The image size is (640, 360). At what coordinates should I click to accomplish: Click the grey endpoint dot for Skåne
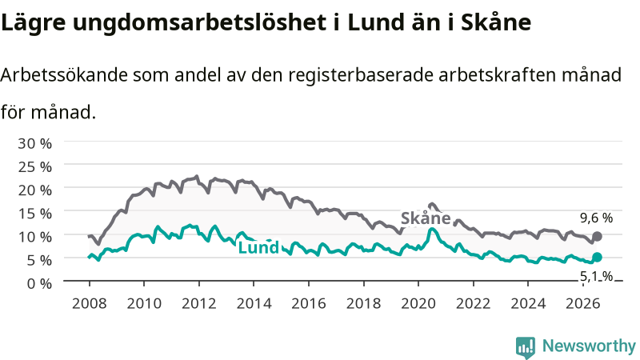coord(597,236)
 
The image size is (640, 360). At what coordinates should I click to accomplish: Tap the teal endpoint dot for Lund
coord(597,257)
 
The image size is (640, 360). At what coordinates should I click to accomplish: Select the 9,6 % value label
coord(596,218)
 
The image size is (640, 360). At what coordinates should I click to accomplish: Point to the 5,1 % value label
coord(596,276)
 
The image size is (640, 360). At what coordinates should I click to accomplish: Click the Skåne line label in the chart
coord(426,218)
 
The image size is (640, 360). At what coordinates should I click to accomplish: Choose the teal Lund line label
coord(258,247)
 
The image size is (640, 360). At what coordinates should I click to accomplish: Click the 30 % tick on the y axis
coord(34,143)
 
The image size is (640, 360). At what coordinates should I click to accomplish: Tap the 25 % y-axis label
coord(34,167)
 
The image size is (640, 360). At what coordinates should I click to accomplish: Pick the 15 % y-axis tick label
coord(34,214)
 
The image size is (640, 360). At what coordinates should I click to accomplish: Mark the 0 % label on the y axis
coord(39,283)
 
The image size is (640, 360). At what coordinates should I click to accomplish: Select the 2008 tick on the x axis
coord(90,303)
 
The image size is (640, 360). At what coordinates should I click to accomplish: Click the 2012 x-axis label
coord(198,303)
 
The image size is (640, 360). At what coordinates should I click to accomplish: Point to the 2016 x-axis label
coord(309,303)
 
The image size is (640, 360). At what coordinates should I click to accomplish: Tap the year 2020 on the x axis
coord(418,303)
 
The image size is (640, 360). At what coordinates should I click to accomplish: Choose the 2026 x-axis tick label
coord(583,303)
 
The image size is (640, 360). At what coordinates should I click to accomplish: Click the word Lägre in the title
coord(33,23)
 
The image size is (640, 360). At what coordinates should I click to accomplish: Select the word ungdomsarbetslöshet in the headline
coord(199,23)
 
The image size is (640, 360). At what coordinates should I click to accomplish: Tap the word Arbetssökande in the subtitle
coord(64,74)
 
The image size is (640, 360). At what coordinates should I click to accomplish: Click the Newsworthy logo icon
coord(526,347)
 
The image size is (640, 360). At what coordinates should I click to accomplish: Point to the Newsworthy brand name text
coord(589,346)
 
